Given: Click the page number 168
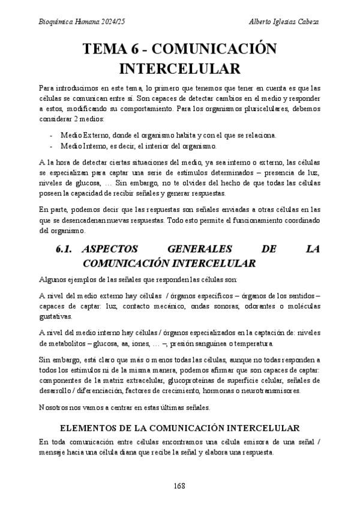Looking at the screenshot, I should click(x=179, y=485).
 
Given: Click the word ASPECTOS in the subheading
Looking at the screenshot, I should click(x=111, y=249).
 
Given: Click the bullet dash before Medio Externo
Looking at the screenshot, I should click(x=52, y=135).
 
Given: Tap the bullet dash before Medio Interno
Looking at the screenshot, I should click(x=52, y=146).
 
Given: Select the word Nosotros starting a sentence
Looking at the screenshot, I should click(x=54, y=408).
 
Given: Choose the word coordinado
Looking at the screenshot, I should click(x=302, y=221).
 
